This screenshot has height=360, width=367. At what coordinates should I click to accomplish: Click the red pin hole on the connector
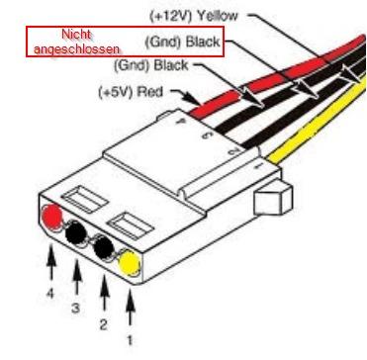coord(52,217)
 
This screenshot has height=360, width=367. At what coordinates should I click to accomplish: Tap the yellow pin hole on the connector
coord(130,263)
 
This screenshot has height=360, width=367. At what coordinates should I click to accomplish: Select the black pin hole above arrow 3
coord(76,232)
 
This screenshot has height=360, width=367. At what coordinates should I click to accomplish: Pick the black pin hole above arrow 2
coord(103,247)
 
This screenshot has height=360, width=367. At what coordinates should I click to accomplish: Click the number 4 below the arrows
coord(50,293)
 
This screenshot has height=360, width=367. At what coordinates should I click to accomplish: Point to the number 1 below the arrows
coord(131,340)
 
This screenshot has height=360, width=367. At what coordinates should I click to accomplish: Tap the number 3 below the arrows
coord(76,308)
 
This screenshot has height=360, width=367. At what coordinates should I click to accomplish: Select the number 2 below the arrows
coord(103,324)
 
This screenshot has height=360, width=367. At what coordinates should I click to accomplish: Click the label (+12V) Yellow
coord(194,15)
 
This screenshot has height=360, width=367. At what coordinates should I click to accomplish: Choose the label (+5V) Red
coord(131,92)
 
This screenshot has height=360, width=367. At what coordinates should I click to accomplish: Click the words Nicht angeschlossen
coord(76,42)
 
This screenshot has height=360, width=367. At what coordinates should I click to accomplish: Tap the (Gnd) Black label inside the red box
coord(182,42)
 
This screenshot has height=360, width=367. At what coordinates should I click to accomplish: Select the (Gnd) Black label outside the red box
coord(151,65)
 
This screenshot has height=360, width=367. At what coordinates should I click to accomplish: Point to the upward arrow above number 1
coord(131,307)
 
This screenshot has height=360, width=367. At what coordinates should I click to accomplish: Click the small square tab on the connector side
coord(273,199)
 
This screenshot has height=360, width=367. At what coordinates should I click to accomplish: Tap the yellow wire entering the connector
coord(317,122)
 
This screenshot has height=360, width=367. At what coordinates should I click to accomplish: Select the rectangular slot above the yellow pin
coord(132,225)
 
